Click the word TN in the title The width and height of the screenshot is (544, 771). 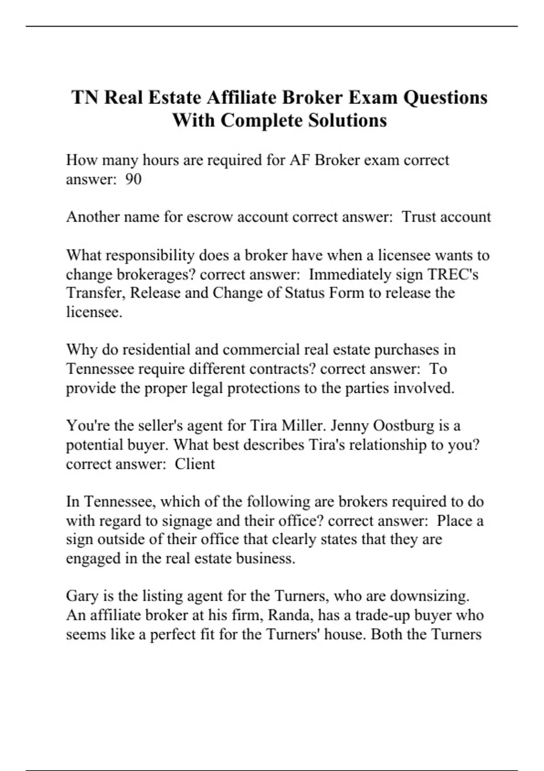click(85, 98)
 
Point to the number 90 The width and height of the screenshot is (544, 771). click(133, 180)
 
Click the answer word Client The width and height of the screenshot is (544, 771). click(195, 464)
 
